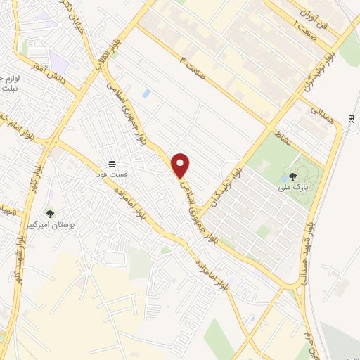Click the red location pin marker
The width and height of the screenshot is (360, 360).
[x=181, y=165]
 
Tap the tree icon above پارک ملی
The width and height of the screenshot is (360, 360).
[x=292, y=175]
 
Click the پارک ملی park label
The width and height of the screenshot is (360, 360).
[x=293, y=187]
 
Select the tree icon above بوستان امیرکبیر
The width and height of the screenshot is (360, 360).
[x=49, y=213]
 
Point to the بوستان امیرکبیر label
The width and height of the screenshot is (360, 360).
[x=50, y=225]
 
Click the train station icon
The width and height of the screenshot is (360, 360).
[x=350, y=117]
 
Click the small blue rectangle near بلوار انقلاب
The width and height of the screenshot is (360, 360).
[x=146, y=93]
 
